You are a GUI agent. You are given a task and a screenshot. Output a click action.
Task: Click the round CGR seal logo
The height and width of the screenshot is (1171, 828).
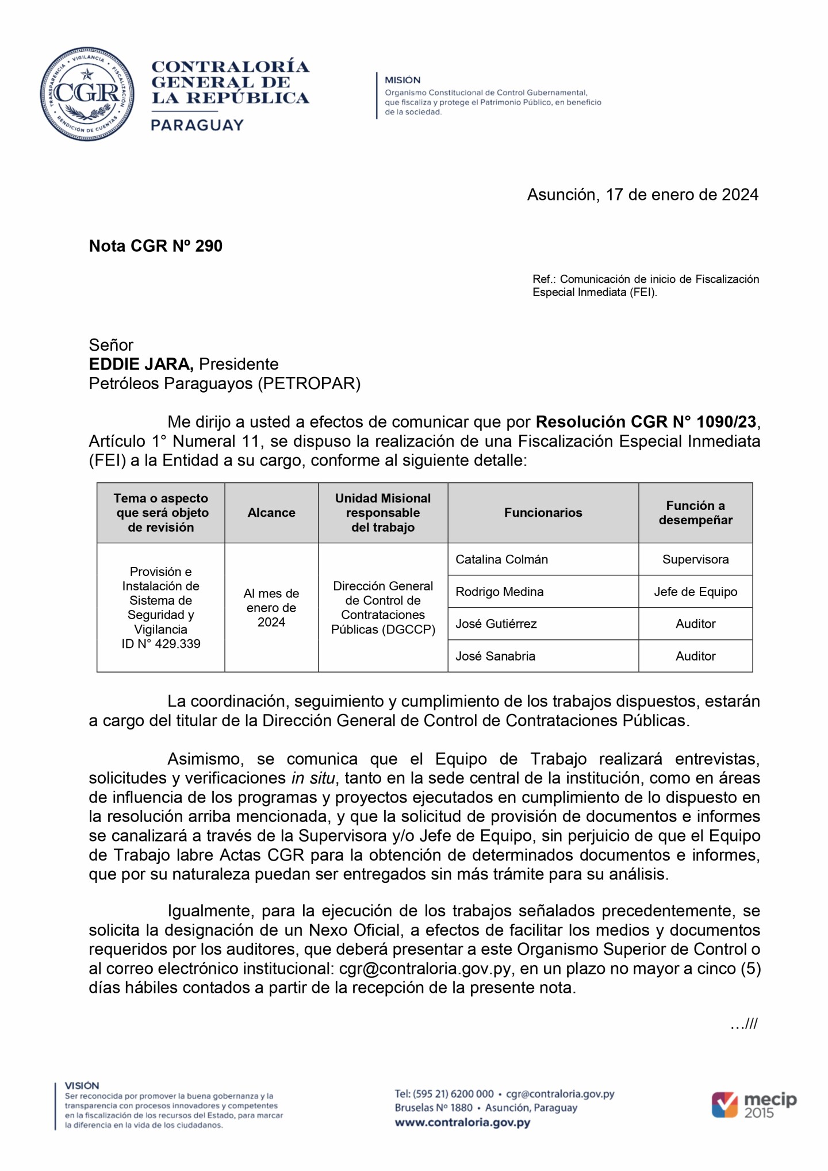click(x=87, y=94)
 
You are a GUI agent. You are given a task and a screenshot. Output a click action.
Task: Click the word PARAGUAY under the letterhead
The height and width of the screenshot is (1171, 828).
click(x=197, y=125)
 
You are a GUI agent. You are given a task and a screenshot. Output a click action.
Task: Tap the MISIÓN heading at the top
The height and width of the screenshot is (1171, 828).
click(x=402, y=80)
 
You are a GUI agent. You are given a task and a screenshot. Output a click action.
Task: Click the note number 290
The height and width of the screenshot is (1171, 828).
click(x=209, y=246)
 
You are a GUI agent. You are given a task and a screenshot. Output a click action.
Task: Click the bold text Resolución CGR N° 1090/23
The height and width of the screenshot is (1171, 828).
click(x=645, y=422)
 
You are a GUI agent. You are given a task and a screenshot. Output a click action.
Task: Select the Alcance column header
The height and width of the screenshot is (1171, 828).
click(x=271, y=513)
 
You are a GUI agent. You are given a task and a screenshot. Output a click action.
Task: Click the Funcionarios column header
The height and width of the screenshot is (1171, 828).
click(x=543, y=513)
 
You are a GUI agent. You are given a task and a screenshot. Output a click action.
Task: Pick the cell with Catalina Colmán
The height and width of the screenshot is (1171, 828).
click(x=501, y=559)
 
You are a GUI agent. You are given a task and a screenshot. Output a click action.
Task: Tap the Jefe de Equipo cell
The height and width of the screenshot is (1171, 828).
click(x=695, y=592)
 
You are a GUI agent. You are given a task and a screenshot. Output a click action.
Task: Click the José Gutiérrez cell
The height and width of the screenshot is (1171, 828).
click(x=496, y=624)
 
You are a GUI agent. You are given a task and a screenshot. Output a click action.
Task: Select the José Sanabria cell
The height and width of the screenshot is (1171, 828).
click(x=495, y=656)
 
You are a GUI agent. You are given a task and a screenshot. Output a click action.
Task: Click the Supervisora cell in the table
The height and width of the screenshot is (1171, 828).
click(x=695, y=559)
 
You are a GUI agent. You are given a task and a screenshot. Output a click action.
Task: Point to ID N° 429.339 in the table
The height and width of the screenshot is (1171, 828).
click(x=160, y=644)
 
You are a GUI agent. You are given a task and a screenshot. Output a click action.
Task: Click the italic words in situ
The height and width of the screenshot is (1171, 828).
click(x=313, y=778)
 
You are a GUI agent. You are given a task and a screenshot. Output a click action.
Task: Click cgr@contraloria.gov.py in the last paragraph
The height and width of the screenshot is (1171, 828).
click(x=424, y=969)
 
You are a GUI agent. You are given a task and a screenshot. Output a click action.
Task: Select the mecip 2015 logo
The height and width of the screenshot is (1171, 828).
click(x=754, y=1104)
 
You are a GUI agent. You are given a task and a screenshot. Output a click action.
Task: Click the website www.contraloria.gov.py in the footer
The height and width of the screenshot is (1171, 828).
click(x=462, y=1122)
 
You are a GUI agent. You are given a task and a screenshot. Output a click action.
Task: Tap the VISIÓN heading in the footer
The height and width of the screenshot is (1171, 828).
click(x=82, y=1085)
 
